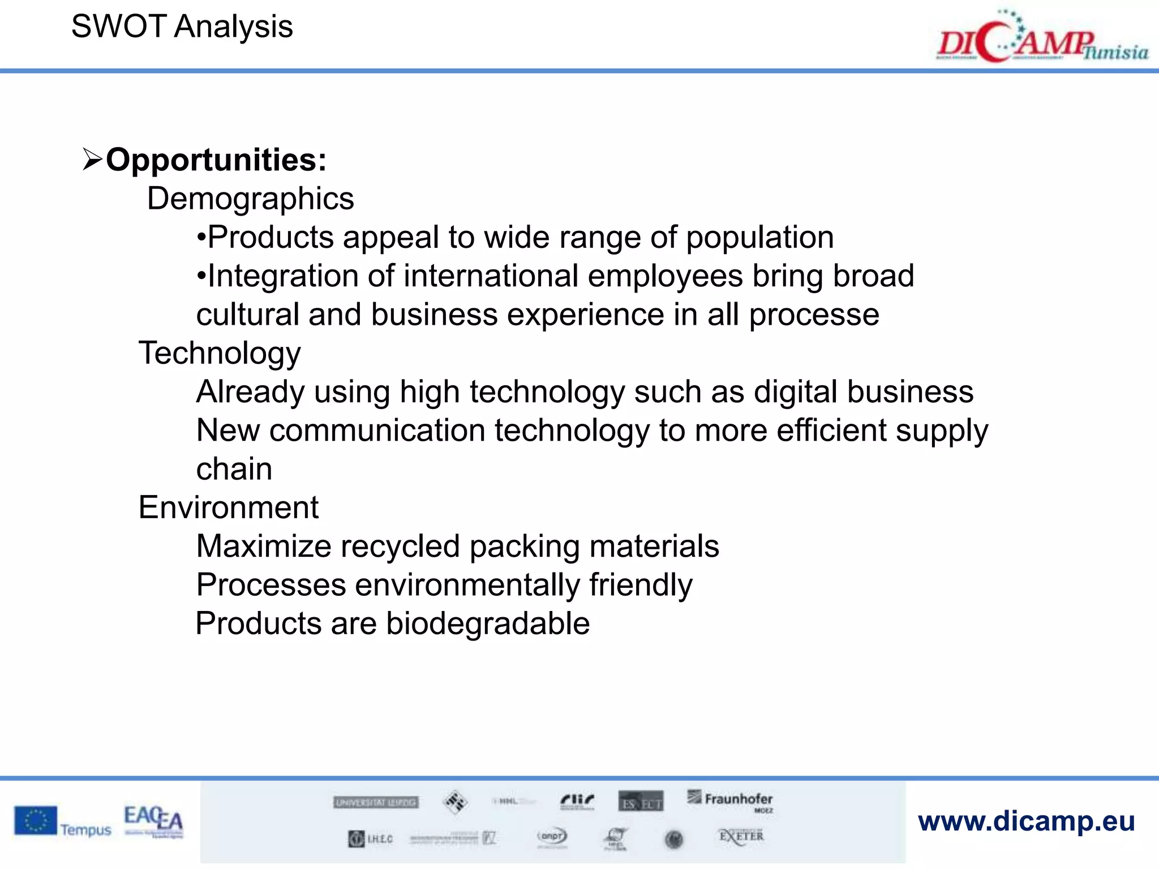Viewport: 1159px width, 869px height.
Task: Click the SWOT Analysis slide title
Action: pyautogui.click(x=182, y=27)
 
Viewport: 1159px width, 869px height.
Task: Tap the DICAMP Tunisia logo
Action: pyautogui.click(x=1041, y=40)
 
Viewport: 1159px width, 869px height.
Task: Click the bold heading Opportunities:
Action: pyautogui.click(x=216, y=160)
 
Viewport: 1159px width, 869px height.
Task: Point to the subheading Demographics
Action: pyautogui.click(x=250, y=199)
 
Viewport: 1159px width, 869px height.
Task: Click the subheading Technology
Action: pyautogui.click(x=220, y=354)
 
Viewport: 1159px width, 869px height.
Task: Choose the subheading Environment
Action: pyautogui.click(x=228, y=507)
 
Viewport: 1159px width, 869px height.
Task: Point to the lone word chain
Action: pyautogui.click(x=234, y=469)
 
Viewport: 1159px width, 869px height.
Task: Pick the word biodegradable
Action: pyautogui.click(x=488, y=624)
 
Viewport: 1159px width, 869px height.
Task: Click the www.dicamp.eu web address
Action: pyautogui.click(x=1026, y=821)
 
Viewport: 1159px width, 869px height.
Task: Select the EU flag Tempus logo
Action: pyautogui.click(x=62, y=822)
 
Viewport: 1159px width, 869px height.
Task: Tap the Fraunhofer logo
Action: pyautogui.click(x=731, y=801)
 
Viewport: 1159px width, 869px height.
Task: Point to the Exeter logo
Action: pyautogui.click(x=741, y=837)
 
